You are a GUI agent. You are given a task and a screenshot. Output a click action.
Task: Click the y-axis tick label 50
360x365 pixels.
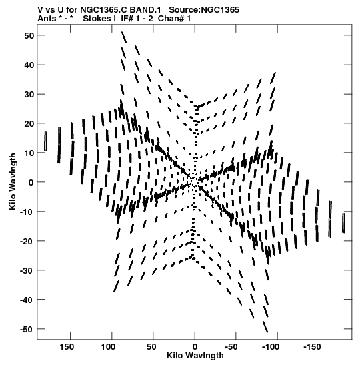click(29, 36)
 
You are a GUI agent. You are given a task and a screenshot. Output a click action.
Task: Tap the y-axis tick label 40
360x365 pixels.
click(29, 65)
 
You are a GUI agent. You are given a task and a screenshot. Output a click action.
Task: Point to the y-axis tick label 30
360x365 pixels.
click(29, 95)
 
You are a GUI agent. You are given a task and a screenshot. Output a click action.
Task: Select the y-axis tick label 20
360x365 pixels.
click(29, 124)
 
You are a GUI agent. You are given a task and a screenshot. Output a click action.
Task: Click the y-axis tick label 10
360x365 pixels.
click(29, 153)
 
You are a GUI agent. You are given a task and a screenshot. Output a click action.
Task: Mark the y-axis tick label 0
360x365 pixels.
click(31, 183)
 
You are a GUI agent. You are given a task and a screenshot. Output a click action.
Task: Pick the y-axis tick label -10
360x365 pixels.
click(27, 212)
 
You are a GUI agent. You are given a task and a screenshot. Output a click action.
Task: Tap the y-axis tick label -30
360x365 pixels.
click(27, 270)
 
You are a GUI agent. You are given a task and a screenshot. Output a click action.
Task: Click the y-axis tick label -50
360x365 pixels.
click(27, 329)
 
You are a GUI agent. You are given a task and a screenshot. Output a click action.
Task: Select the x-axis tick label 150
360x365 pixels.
click(67, 347)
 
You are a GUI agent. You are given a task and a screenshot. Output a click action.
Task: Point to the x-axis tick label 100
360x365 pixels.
click(108, 347)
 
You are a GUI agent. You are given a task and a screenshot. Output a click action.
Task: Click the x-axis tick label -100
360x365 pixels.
click(271, 347)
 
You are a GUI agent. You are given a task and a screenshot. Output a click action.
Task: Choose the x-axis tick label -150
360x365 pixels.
click(312, 347)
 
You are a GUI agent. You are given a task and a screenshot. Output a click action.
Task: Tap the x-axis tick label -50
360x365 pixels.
click(231, 347)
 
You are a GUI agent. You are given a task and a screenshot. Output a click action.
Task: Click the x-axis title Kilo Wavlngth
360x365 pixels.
click(195, 356)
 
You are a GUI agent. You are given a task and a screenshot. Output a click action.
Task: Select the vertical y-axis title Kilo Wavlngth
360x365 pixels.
click(13, 181)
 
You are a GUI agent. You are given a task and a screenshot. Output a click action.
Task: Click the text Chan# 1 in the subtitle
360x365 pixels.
click(174, 19)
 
